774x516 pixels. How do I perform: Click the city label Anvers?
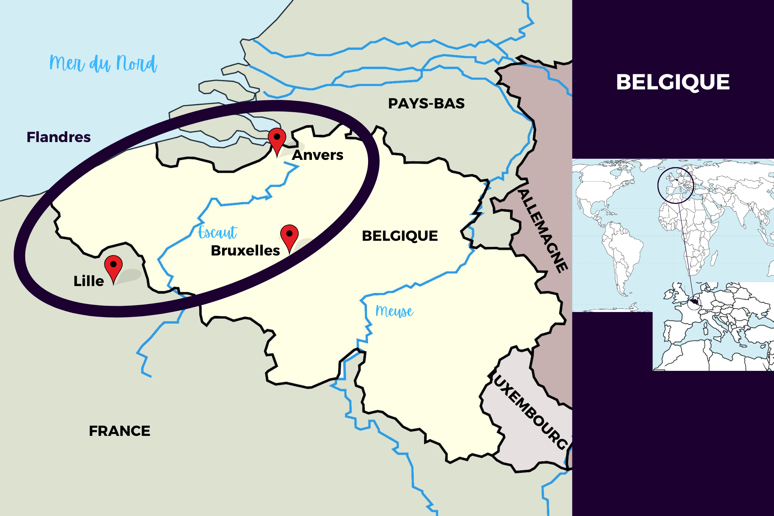click(x=317, y=155)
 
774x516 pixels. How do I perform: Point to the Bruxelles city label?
click(x=245, y=250)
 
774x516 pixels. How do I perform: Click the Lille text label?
click(x=89, y=281)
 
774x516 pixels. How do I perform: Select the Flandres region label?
click(x=58, y=137)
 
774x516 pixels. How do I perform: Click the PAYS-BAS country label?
click(x=426, y=104)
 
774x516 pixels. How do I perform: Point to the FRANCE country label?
click(x=119, y=431)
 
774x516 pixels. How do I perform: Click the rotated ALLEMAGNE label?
click(x=543, y=231)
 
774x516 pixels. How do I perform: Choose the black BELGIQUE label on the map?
click(x=400, y=236)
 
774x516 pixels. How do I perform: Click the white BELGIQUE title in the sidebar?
click(x=673, y=82)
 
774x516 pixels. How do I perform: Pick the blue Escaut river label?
click(x=217, y=232)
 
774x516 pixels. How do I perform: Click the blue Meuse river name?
click(x=394, y=311)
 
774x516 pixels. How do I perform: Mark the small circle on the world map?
click(x=675, y=185)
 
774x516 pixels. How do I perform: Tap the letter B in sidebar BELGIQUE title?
click(x=624, y=82)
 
